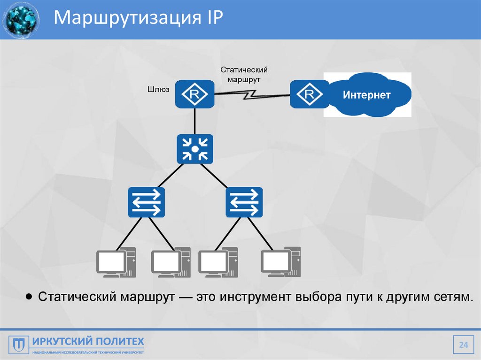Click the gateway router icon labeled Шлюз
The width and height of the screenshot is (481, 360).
point(194,95)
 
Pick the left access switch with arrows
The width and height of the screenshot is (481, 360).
point(146,202)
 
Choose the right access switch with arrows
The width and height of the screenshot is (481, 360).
point(244,202)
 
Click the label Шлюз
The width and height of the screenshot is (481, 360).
point(159,89)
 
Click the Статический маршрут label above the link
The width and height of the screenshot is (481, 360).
point(244,74)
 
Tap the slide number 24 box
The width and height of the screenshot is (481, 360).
point(464,346)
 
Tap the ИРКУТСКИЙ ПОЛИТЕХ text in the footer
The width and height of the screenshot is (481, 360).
point(88,341)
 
